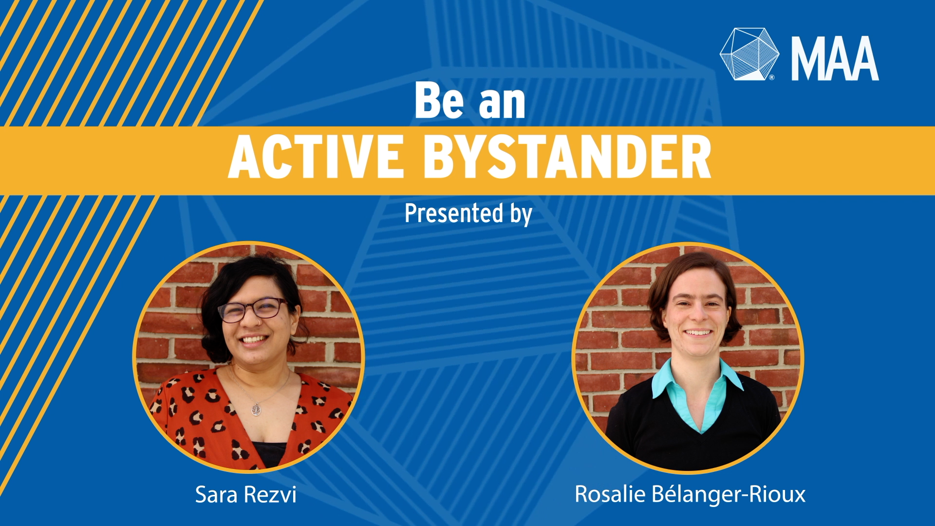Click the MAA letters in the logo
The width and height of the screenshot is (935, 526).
coord(835,58)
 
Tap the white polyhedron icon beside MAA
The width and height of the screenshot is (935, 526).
coord(749,54)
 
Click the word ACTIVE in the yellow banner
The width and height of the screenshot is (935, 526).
coord(316,157)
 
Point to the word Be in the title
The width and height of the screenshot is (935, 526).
coord(439,100)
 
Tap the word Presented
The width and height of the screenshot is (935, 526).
coord(454,213)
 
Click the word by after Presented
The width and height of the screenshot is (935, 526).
coord(521,215)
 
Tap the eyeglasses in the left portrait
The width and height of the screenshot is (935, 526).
coord(253,310)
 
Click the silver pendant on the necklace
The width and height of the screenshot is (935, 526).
coord(256,409)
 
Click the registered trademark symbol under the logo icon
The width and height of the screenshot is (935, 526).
coord(772,77)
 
